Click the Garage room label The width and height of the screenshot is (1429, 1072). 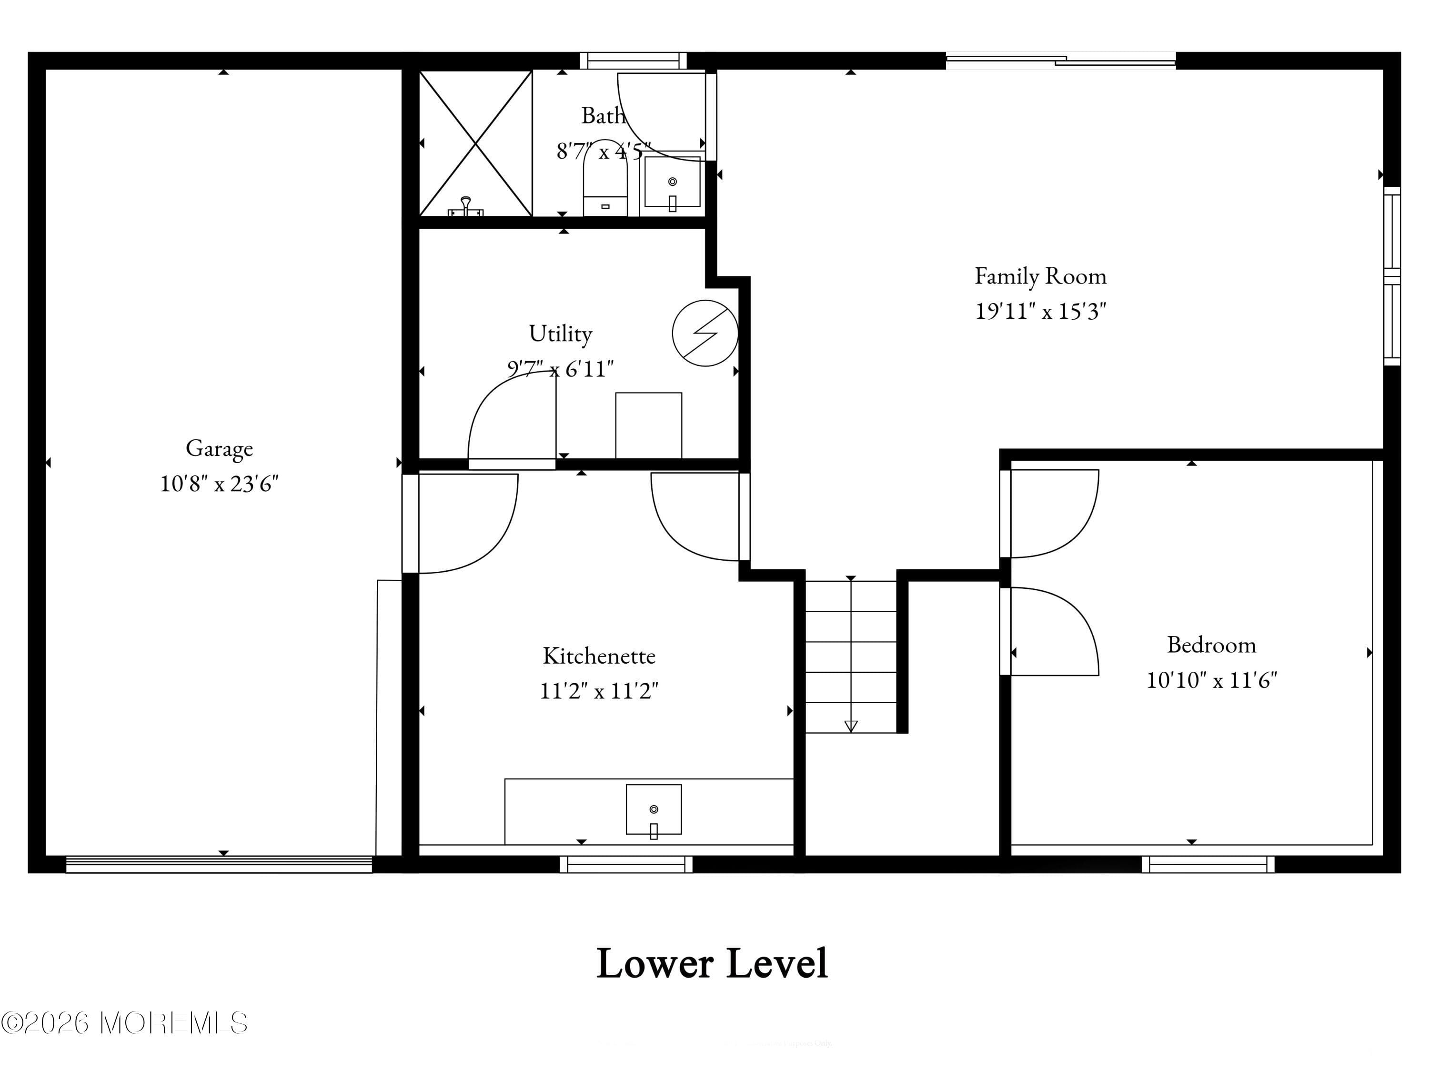point(219,448)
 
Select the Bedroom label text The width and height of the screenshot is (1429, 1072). point(1211,644)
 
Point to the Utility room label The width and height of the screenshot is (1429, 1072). point(560,334)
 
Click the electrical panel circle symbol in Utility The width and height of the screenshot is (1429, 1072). point(705,333)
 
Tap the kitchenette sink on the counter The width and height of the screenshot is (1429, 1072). point(653,809)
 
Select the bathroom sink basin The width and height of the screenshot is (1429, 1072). point(672,182)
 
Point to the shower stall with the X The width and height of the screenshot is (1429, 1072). point(475,143)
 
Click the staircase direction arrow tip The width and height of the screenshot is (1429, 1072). point(851,726)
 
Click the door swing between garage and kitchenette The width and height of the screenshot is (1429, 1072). point(468,524)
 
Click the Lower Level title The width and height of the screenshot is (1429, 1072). point(712,963)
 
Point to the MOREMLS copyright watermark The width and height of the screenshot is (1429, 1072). point(124,1023)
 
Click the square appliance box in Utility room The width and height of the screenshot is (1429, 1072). point(648,425)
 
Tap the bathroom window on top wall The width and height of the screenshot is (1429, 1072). point(633,61)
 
